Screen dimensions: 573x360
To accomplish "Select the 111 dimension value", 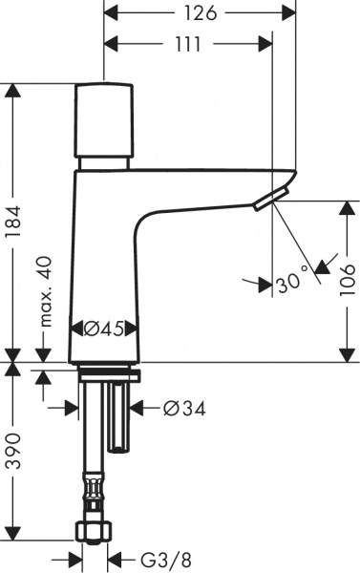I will click(x=187, y=44).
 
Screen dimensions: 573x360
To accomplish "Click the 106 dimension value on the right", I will click(x=346, y=282).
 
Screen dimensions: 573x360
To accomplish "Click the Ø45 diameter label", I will click(x=104, y=329).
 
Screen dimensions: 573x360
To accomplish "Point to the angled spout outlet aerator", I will click(x=269, y=199).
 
